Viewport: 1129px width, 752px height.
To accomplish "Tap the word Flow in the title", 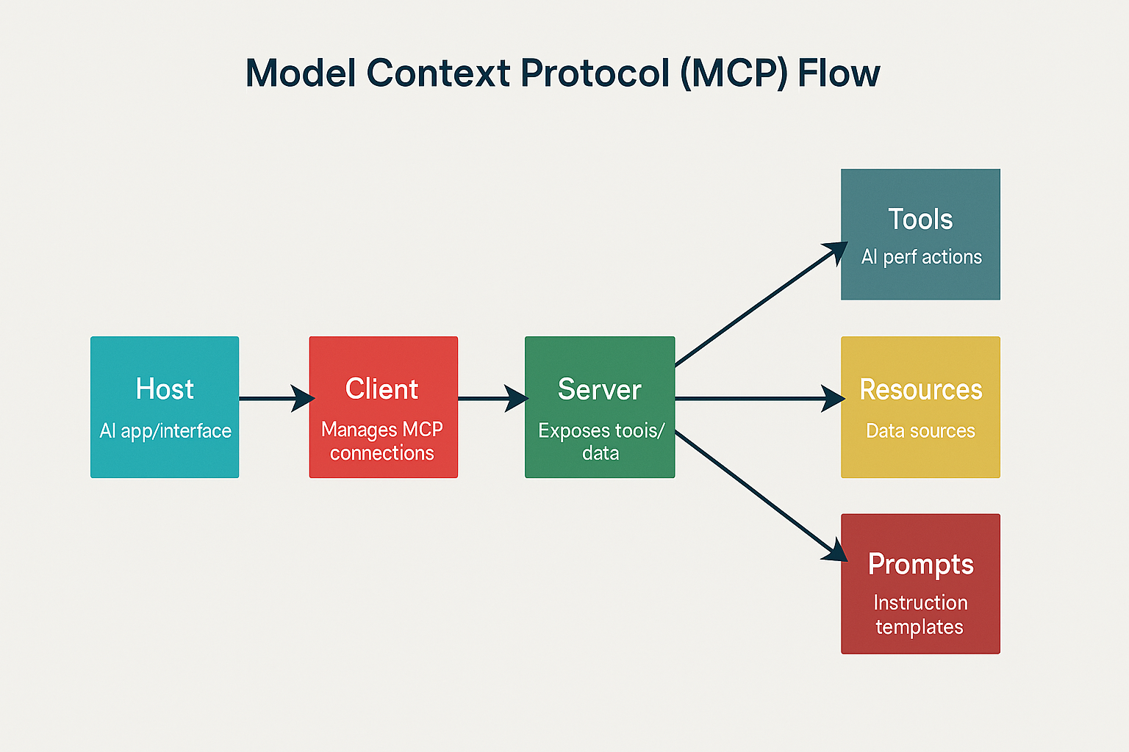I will click(x=839, y=73).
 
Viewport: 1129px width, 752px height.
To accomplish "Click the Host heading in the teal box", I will click(x=165, y=389).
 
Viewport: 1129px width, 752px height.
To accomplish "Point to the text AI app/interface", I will click(x=165, y=431).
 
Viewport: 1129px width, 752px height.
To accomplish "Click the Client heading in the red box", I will click(x=382, y=389).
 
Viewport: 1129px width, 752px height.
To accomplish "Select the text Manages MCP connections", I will click(x=382, y=441).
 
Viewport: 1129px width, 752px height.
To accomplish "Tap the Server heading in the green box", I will click(x=600, y=389).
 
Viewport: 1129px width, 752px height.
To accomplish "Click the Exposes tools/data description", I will click(x=601, y=441).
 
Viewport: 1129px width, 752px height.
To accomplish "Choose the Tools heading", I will click(x=920, y=220).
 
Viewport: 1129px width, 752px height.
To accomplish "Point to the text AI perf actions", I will click(x=921, y=257).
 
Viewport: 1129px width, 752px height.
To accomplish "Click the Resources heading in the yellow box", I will click(x=920, y=390).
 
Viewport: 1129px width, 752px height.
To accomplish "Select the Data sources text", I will click(x=920, y=431).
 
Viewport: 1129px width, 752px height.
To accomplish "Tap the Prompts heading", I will click(x=920, y=564).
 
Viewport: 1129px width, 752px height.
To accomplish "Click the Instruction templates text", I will click(x=920, y=615).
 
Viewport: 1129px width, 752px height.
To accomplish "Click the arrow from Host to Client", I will click(x=272, y=399).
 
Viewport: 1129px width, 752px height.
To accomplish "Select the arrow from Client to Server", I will click(x=489, y=399).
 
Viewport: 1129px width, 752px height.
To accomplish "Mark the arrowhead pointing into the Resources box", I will click(x=834, y=399).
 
